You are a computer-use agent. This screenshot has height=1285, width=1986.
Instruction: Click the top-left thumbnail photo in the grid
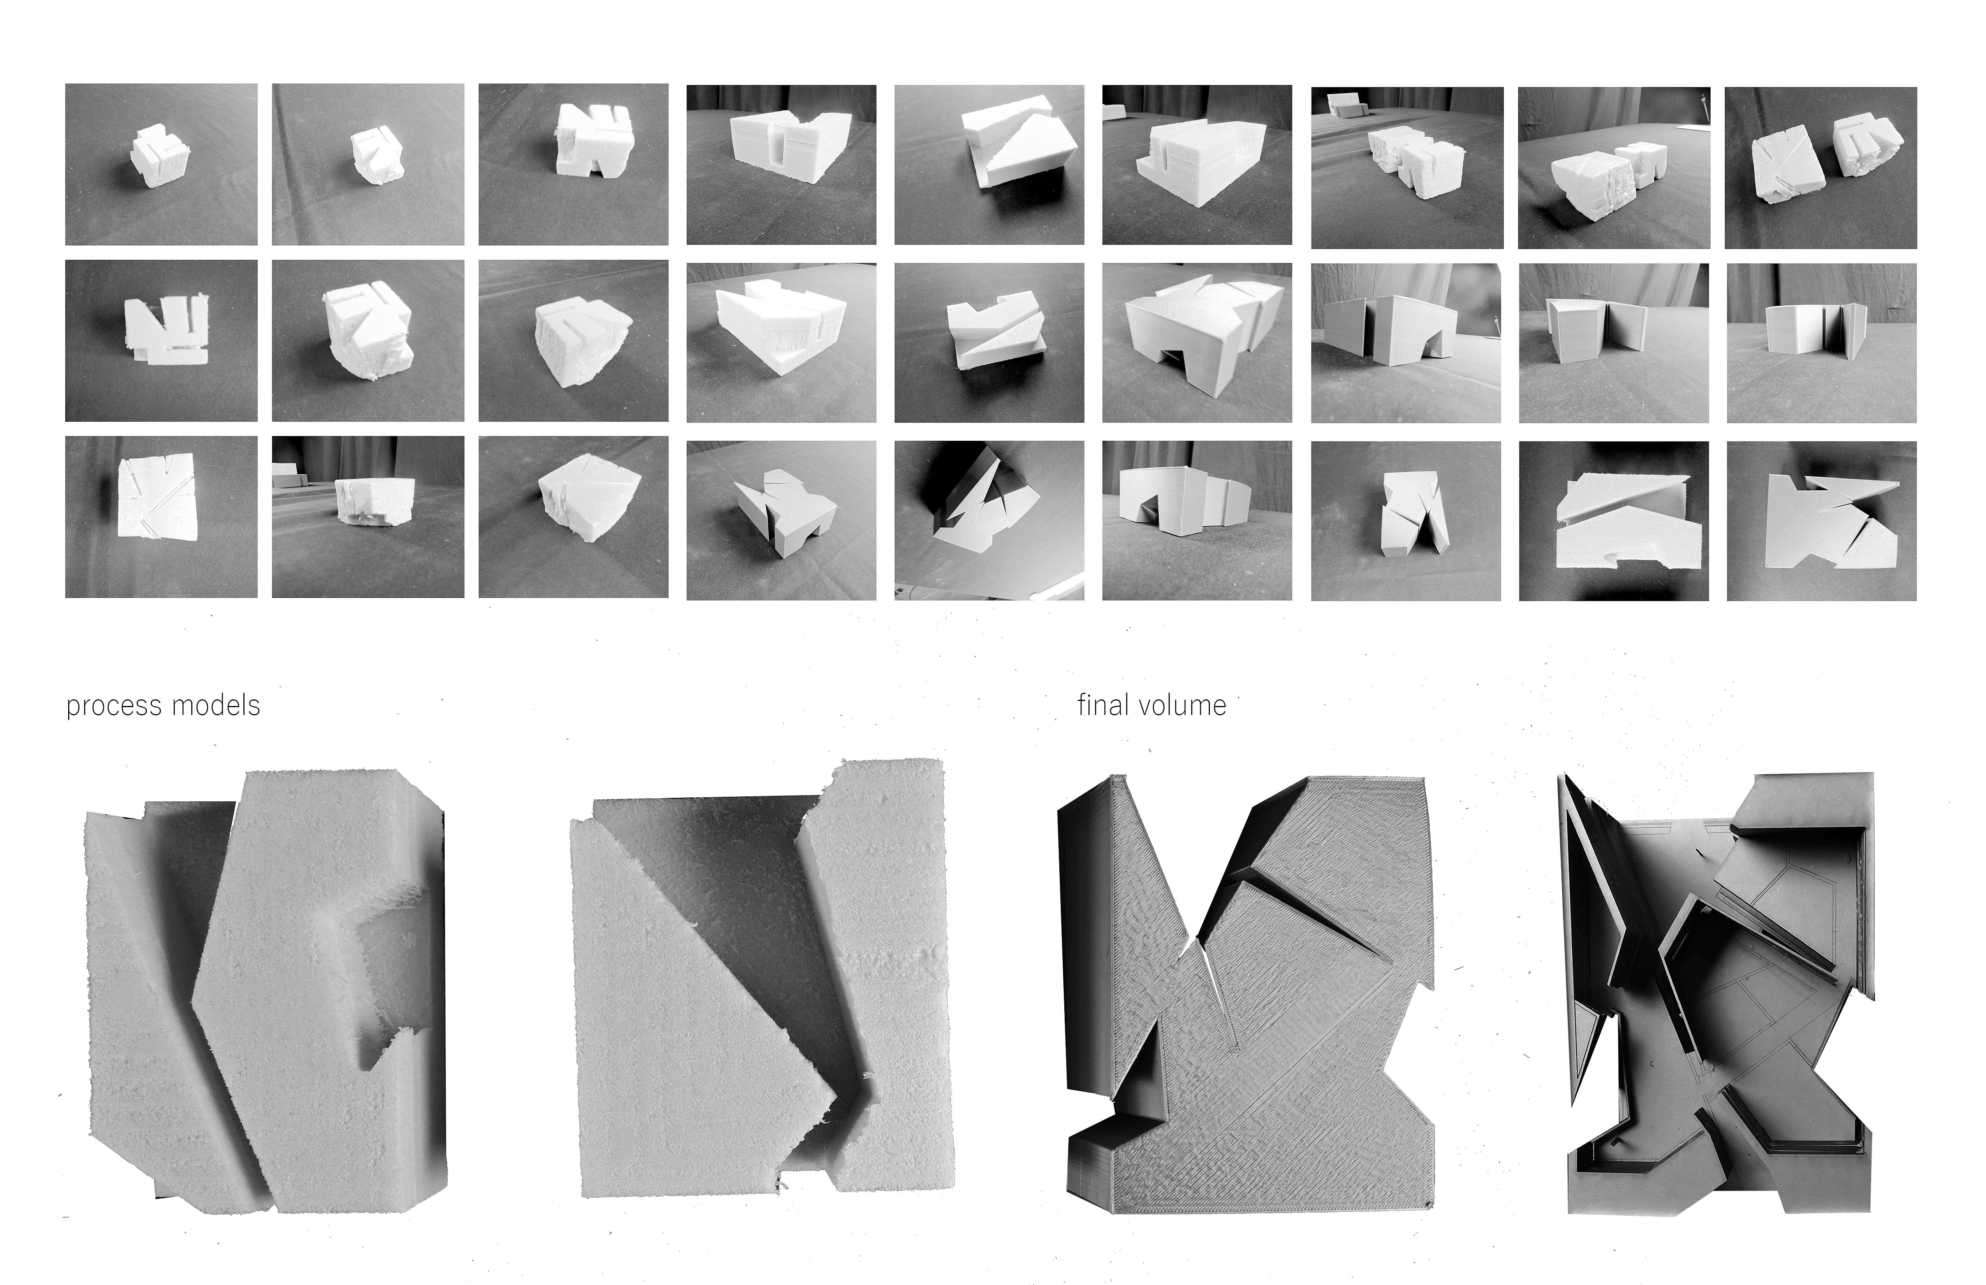tap(161, 164)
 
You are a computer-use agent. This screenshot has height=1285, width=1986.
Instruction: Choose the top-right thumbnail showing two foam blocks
tap(1821, 167)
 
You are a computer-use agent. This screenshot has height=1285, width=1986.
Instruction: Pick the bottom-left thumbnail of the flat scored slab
tap(161, 516)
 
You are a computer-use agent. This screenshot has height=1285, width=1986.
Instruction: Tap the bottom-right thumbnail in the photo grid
tap(1822, 521)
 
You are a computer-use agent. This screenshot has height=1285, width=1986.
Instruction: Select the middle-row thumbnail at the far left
tap(161, 340)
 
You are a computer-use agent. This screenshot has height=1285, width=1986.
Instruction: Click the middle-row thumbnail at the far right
tap(1822, 343)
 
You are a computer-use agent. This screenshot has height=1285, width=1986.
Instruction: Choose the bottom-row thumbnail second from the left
tap(368, 516)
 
